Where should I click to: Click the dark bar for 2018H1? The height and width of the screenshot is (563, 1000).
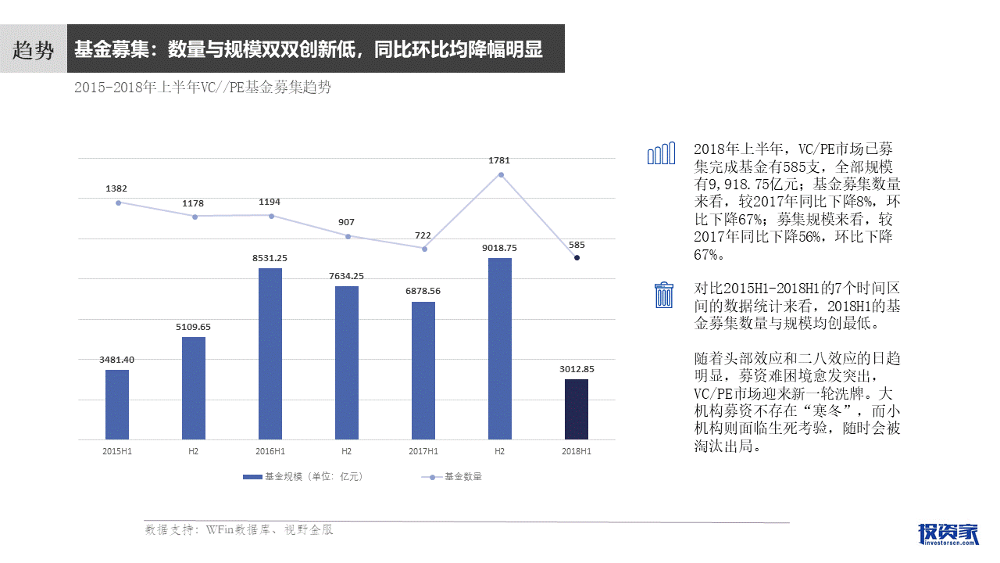click(x=577, y=409)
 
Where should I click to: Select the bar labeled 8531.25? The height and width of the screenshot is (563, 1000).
click(x=270, y=353)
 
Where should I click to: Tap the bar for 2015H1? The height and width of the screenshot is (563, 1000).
click(x=117, y=404)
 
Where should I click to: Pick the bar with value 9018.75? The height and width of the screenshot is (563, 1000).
click(x=500, y=349)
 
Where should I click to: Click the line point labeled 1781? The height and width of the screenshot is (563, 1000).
click(x=500, y=174)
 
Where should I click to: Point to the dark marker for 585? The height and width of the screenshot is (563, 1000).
click(x=577, y=257)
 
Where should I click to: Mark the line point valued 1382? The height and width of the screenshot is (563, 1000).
click(x=118, y=203)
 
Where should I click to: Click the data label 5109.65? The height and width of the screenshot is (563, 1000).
click(x=194, y=326)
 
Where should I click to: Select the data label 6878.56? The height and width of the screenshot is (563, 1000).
click(x=423, y=291)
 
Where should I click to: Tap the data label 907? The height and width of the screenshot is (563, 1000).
click(x=346, y=222)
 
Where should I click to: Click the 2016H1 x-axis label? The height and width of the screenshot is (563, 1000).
click(x=270, y=451)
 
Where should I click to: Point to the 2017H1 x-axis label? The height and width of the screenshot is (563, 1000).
click(x=423, y=451)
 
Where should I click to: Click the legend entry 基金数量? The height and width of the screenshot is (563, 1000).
click(x=453, y=476)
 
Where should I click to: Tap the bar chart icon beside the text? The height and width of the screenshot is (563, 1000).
click(x=661, y=154)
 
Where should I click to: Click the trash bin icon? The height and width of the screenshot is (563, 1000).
click(x=663, y=295)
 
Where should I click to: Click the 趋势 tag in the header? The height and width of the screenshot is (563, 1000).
click(x=33, y=49)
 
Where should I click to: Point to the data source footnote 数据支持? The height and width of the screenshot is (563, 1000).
click(x=239, y=530)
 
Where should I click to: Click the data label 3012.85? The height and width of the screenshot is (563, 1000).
click(x=577, y=369)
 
